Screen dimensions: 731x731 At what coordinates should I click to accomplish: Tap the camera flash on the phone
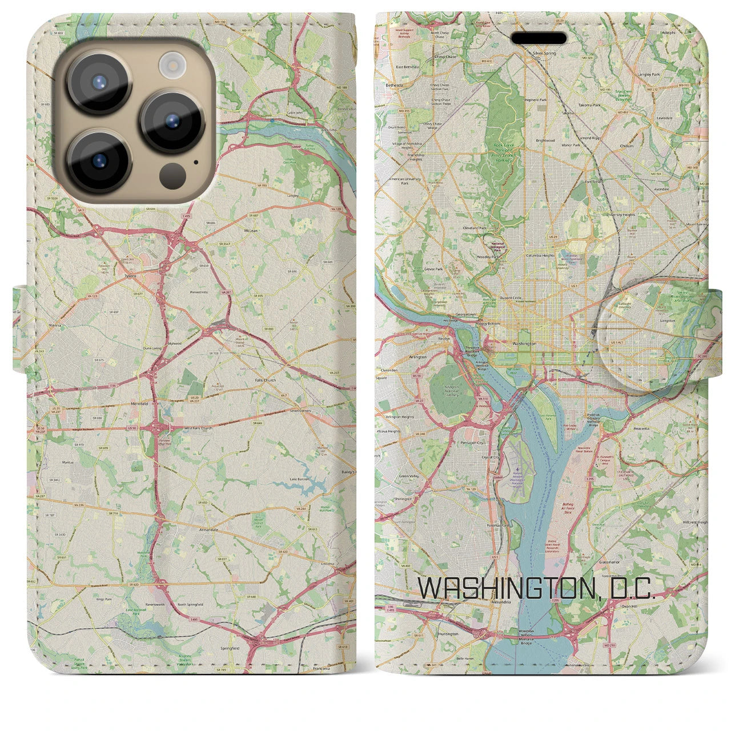pyautogui.click(x=170, y=65)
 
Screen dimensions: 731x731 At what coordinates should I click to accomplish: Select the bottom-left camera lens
pyautogui.click(x=99, y=160)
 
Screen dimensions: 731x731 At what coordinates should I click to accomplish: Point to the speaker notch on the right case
pyautogui.click(x=539, y=38)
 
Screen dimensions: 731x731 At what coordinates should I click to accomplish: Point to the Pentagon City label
pyautogui.click(x=472, y=443)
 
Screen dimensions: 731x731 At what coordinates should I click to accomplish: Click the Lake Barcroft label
pyautogui.click(x=300, y=479)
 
